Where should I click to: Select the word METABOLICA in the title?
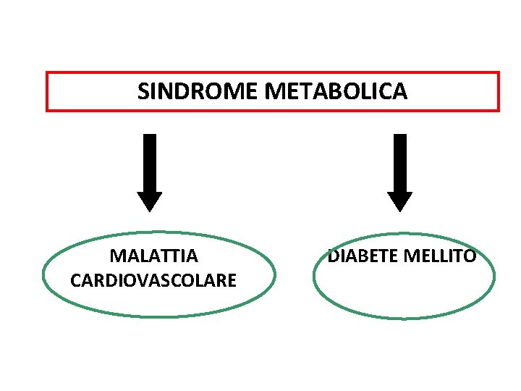[336, 92]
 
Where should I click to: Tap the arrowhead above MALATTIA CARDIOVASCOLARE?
[150, 201]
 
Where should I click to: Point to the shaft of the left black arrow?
[150, 163]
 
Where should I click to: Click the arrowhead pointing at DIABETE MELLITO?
[399, 201]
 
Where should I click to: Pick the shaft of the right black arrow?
[399, 163]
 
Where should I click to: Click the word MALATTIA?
[153, 256]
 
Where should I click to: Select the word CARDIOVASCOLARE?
[153, 280]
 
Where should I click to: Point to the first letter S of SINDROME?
[143, 92]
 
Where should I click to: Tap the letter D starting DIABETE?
[334, 256]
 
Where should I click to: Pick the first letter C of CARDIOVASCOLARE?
[75, 280]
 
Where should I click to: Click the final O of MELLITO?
[470, 256]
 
